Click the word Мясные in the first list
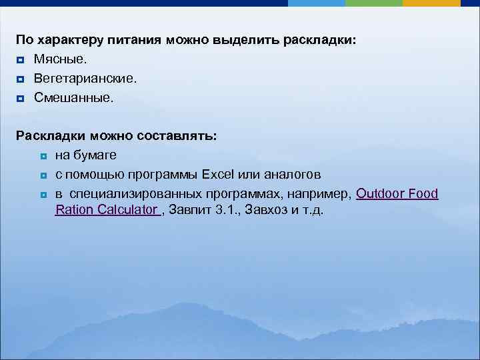(60, 60)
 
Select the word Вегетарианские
(85, 79)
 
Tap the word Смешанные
(74, 98)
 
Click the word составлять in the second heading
(175, 136)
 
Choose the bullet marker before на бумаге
(42, 156)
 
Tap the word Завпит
(191, 211)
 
